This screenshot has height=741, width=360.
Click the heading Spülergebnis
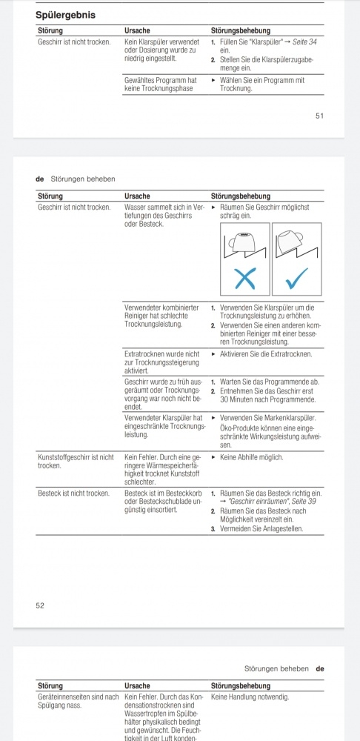(x=66, y=15)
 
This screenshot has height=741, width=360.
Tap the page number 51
(x=320, y=116)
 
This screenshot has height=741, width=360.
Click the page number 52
(x=40, y=605)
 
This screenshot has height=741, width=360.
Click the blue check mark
(x=297, y=279)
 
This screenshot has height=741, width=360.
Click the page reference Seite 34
(x=304, y=42)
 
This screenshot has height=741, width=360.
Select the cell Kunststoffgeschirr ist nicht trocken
(x=76, y=461)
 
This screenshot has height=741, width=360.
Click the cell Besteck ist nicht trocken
(x=73, y=494)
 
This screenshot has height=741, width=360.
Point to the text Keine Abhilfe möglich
(x=251, y=457)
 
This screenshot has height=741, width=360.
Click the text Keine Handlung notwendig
(x=250, y=697)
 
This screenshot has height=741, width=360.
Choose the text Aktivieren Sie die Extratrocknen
(x=266, y=354)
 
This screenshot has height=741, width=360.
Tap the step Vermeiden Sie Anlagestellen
(x=261, y=528)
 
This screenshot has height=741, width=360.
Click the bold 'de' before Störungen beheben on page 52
(x=40, y=179)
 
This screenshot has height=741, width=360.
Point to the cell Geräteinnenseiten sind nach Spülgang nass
(x=78, y=701)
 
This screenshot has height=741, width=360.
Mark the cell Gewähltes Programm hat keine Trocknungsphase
(x=161, y=84)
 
